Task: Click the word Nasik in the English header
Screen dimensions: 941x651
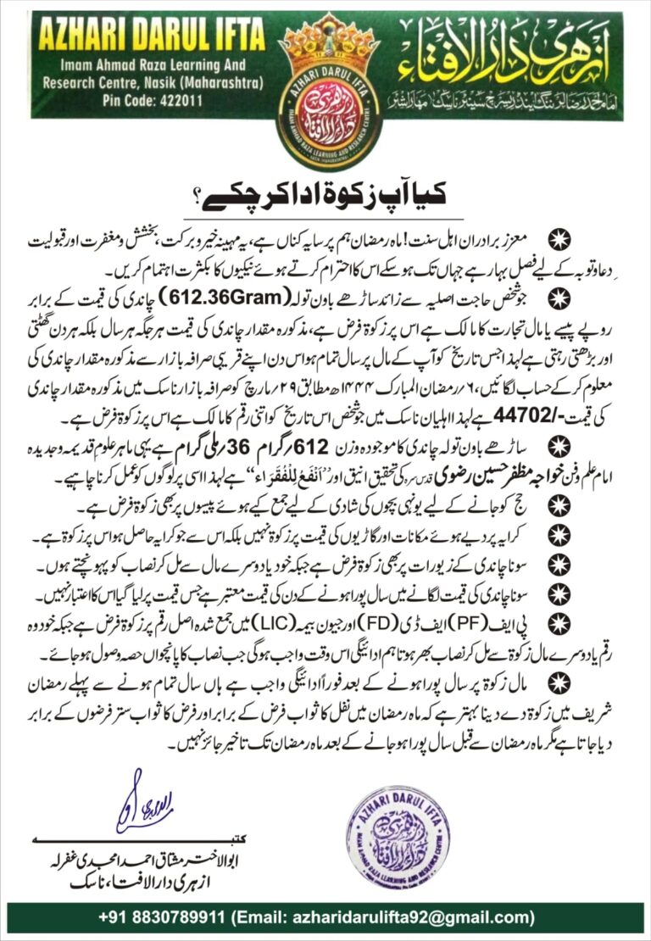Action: click(158, 84)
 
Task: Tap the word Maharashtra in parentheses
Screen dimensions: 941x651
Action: click(220, 84)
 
